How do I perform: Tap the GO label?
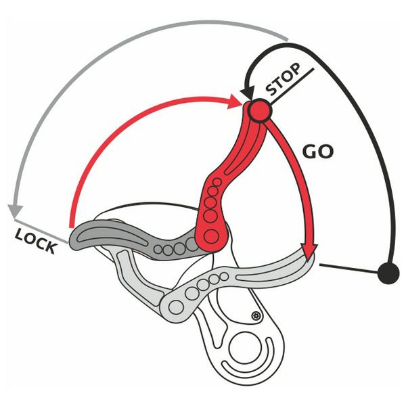click(x=316, y=151)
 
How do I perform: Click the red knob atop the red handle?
click(x=258, y=111)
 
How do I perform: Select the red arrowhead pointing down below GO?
click(x=309, y=251)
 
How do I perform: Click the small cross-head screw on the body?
click(x=255, y=315)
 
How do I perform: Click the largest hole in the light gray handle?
click(x=179, y=307)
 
